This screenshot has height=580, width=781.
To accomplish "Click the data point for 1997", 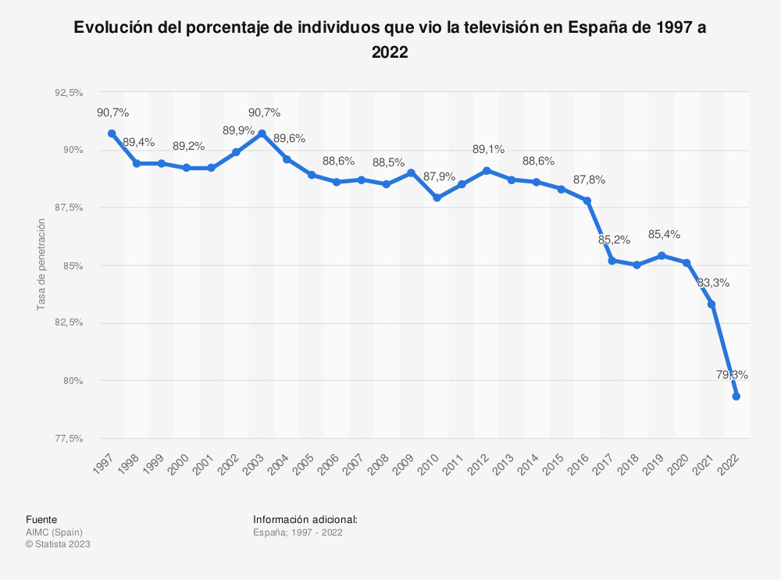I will tap(112, 133).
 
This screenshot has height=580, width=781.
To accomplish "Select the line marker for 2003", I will tap(262, 133).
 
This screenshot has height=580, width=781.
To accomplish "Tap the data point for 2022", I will tap(736, 397).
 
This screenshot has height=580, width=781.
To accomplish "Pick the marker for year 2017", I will tap(612, 260).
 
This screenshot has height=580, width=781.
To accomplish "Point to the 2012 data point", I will tap(487, 170).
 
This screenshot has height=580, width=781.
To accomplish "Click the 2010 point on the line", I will tap(437, 198).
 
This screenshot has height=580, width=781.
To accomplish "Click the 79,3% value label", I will tap(732, 375).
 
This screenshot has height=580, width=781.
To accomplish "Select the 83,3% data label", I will tap(713, 283).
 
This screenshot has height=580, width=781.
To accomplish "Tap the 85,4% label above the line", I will tap(664, 234).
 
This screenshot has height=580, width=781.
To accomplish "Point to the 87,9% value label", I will tap(439, 176).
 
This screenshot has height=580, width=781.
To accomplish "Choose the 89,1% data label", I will tap(488, 149).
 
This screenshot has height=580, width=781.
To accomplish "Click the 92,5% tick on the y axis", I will tap(69, 92).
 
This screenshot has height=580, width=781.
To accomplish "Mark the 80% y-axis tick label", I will tap(73, 381).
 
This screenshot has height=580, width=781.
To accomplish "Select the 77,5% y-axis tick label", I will tap(69, 439).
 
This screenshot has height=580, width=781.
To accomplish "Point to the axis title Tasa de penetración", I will tap(41, 265).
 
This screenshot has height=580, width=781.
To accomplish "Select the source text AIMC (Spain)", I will tap(54, 532).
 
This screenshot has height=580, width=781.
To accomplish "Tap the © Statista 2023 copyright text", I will tap(58, 544).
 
